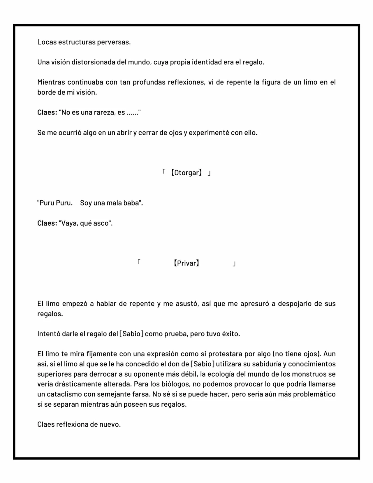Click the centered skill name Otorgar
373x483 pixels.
tap(186, 173)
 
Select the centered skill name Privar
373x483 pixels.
tap(186, 264)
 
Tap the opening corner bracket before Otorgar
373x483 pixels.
tap(164, 172)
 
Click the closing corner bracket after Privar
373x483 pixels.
tap(234, 264)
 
